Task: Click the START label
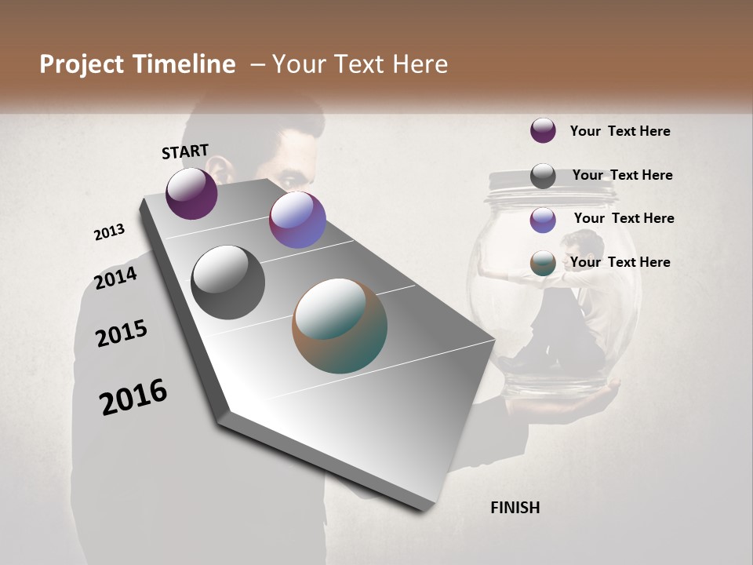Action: (x=185, y=151)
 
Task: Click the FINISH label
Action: (x=515, y=508)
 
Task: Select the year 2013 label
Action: (x=110, y=232)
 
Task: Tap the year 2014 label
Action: (x=116, y=279)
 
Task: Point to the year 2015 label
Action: (x=122, y=334)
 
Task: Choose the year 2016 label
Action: (x=133, y=397)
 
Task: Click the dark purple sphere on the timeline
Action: (x=191, y=193)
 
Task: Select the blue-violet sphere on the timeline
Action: (x=297, y=220)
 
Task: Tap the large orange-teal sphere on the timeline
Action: (x=340, y=326)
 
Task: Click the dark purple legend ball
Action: (x=543, y=130)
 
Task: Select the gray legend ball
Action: (x=543, y=175)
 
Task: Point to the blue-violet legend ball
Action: (x=543, y=219)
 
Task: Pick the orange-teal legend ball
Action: (x=543, y=263)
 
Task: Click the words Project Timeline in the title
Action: (x=137, y=64)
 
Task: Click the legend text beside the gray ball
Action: (x=622, y=175)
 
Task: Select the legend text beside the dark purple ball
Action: (x=620, y=131)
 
